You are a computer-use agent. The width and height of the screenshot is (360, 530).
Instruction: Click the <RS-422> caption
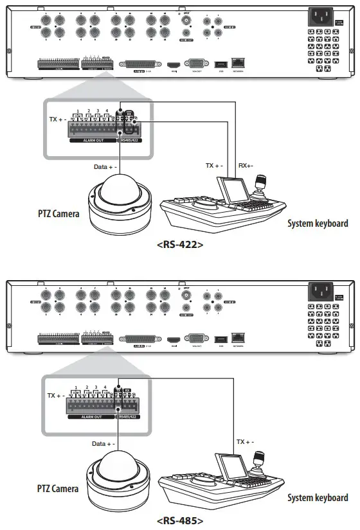tap(180, 245)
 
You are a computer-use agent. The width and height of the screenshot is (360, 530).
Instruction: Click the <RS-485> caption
tap(180, 520)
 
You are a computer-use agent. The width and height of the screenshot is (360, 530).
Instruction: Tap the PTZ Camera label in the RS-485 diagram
tap(58, 488)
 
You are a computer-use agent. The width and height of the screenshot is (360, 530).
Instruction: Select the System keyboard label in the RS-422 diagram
tap(318, 224)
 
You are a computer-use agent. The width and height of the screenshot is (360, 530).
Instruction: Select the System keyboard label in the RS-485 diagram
tap(318, 497)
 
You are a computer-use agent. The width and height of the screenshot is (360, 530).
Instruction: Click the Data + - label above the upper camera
tap(104, 166)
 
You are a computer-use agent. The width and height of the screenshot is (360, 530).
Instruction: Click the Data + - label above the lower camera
tap(104, 443)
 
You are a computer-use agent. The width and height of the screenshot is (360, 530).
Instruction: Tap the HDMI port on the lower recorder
tap(172, 339)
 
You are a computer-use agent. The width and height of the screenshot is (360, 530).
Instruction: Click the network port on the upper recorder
tap(239, 64)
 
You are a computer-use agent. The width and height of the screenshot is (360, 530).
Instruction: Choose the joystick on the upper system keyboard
tap(262, 181)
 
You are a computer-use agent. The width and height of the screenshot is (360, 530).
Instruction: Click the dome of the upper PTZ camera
tap(120, 191)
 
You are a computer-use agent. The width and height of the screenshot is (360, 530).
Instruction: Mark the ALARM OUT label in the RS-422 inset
tap(93, 138)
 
